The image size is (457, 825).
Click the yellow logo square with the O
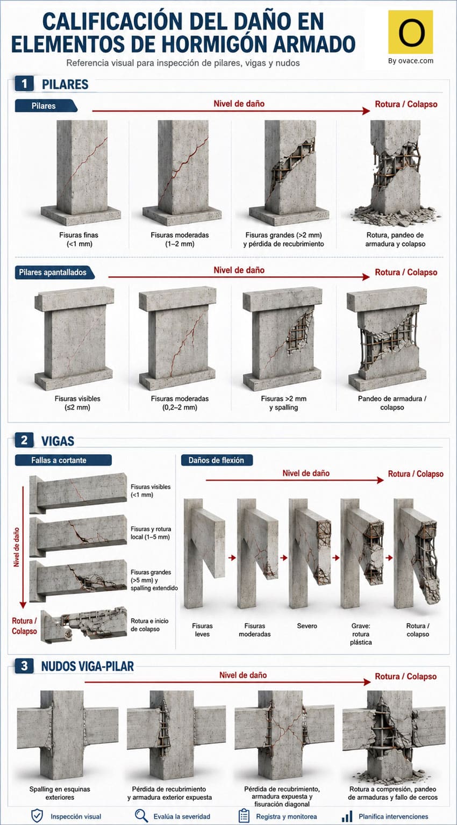point(411,32)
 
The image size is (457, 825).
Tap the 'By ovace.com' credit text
point(411,61)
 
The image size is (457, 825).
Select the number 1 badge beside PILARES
point(24,84)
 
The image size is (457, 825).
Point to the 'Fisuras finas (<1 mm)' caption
point(79,239)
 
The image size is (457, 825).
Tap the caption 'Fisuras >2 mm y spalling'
point(283,403)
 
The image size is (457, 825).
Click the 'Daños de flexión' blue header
point(217,460)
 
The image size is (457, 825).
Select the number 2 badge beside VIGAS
point(24,440)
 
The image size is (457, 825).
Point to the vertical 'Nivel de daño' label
point(17,547)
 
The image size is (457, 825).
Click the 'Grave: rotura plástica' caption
point(361,634)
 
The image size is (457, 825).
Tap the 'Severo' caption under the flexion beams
point(307,626)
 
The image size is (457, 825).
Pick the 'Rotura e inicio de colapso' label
point(149,625)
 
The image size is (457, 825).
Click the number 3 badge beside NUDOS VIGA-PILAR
point(24,666)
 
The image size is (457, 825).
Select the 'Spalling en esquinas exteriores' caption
point(60,793)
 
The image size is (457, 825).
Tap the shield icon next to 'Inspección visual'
point(37,816)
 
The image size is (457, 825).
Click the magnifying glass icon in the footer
point(141,816)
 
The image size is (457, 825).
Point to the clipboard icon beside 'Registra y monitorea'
point(244,816)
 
